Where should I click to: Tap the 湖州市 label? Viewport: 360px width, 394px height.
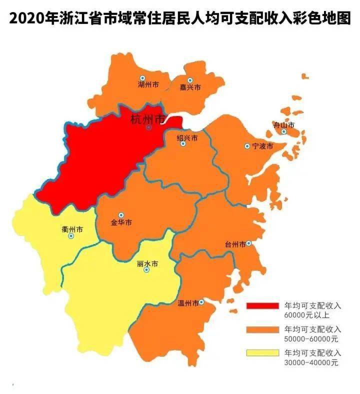147,85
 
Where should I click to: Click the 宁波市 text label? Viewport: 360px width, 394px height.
262,146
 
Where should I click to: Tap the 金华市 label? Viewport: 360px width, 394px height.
121,222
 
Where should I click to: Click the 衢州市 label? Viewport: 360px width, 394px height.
72,229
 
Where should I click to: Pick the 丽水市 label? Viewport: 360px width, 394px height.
147,263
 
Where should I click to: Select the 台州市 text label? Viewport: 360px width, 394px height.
234,244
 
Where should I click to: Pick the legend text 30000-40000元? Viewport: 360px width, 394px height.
311,361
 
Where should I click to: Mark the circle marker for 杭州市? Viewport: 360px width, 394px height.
148,127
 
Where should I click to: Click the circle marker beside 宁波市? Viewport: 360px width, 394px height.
247,146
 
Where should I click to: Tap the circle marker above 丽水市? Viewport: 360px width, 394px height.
146,270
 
